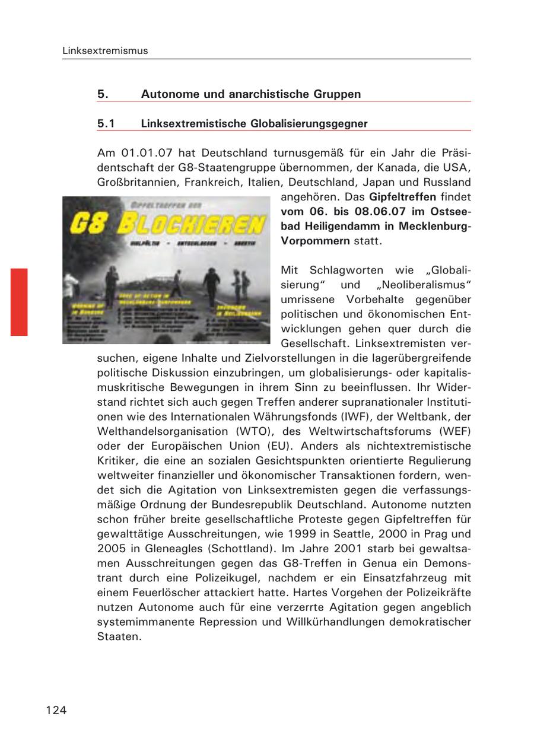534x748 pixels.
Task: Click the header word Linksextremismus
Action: tap(105, 51)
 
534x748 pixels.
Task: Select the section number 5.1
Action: tap(106, 124)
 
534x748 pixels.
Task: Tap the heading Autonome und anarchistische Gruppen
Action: tap(250, 94)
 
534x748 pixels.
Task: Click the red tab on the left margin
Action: tap(19, 302)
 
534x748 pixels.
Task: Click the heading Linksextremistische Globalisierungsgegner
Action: tap(254, 124)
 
